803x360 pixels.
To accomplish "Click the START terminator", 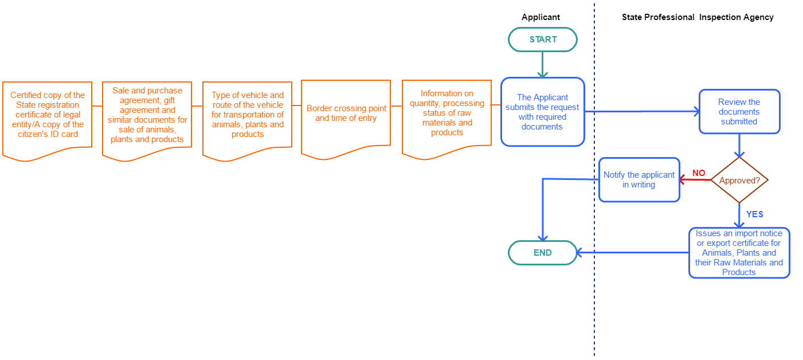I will pos(542,40).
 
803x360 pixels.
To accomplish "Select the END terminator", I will pos(542,253).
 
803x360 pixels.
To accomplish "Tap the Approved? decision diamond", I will pos(739,180).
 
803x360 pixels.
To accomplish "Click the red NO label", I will pos(698,173).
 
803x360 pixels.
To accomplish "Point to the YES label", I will pos(754,214).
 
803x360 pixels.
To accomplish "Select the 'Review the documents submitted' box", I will pos(739,112).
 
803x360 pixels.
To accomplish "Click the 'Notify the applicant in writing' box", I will pos(639,180).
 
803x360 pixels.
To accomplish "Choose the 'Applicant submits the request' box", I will pos(542,112).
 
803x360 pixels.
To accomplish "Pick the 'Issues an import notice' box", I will pos(739,253).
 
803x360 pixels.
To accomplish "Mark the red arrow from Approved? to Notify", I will pos(695,180).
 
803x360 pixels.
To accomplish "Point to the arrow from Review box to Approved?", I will pos(739,146).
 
